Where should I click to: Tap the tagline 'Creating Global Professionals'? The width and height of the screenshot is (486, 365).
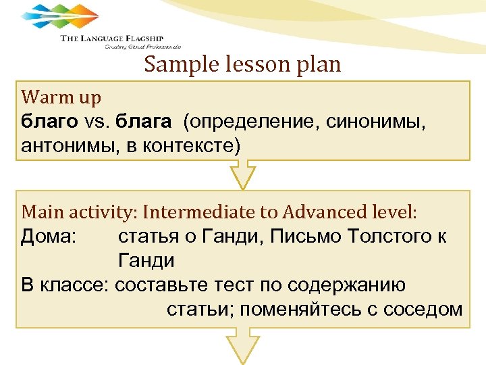tap(142, 47)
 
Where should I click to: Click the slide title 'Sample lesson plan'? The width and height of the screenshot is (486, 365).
tap(242, 65)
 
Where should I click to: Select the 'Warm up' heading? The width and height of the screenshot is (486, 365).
tap(61, 97)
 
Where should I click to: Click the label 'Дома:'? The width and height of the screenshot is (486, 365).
tap(49, 237)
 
